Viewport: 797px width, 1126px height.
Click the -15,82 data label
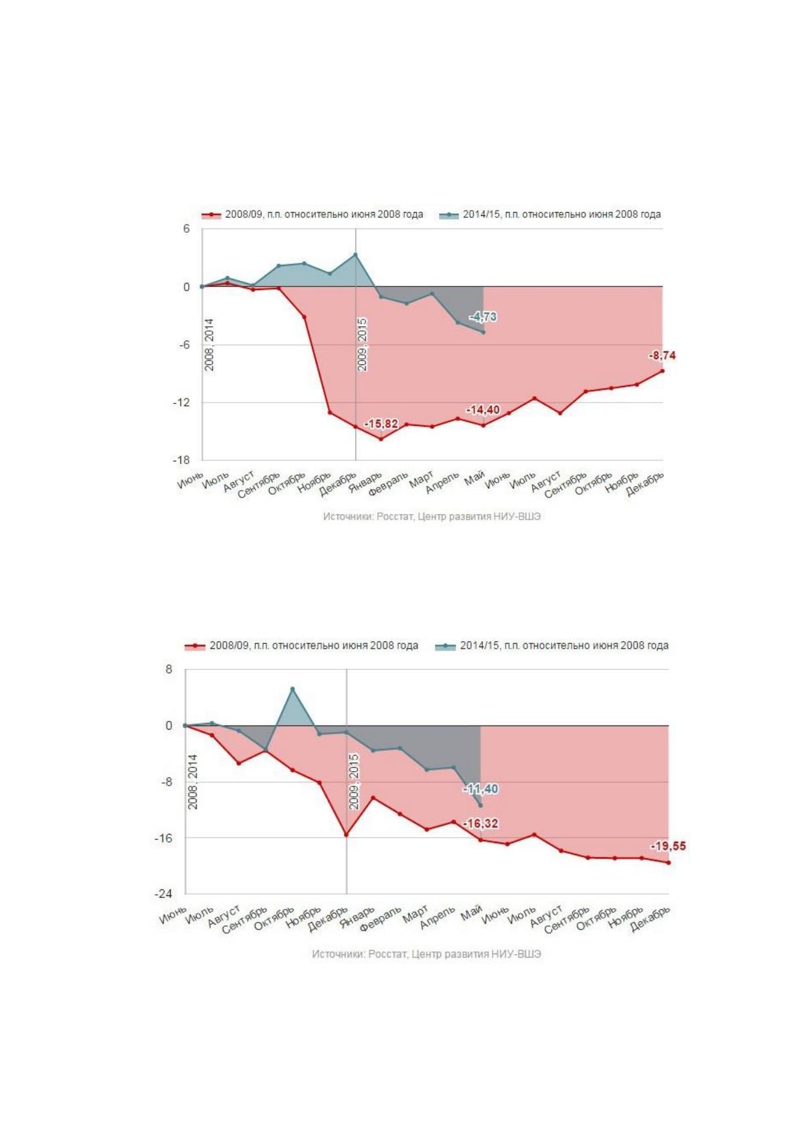[381, 424]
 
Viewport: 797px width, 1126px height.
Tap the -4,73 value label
[483, 317]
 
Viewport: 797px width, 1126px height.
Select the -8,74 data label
[662, 356]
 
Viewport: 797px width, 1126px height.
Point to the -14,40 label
[483, 410]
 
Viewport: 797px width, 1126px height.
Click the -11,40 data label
[480, 789]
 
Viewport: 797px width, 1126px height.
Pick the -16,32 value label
[480, 823]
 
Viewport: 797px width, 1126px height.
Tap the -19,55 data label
[669, 846]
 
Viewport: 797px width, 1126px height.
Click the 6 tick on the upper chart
[187, 229]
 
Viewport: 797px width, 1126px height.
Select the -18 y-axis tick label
[181, 460]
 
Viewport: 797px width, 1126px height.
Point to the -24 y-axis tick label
[163, 894]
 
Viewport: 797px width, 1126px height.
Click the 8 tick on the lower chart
[169, 669]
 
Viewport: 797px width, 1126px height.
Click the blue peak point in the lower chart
[292, 689]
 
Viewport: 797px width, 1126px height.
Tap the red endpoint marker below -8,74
[662, 371]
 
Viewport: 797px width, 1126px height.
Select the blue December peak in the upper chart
[355, 254]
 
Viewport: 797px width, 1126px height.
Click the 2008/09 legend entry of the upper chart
[313, 215]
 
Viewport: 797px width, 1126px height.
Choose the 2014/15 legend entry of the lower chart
[552, 645]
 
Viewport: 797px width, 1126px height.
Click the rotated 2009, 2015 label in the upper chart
[362, 344]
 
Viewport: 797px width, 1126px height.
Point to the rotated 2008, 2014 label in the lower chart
[193, 782]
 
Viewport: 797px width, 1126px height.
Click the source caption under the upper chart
[432, 516]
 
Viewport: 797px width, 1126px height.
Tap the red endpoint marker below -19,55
[669, 863]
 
